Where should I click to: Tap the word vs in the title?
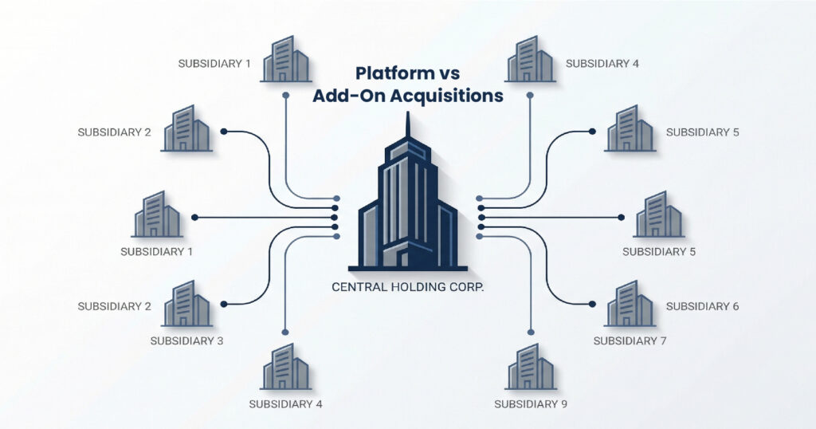(448, 73)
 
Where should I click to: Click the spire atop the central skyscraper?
(407, 128)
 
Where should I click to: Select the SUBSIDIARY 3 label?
(186, 340)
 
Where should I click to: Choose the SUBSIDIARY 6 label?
(702, 306)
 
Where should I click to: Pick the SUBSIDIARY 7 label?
(630, 340)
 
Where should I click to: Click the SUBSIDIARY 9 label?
(531, 403)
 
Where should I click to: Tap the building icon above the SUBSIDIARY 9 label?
(531, 367)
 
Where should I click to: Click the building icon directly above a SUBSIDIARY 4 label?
(284, 367)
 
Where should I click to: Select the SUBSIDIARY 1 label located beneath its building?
(157, 251)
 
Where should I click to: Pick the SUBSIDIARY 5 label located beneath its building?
(659, 251)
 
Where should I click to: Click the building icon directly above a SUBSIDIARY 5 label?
(659, 214)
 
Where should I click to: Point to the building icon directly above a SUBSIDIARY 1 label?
(158, 214)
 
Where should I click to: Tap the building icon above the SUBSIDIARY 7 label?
(630, 303)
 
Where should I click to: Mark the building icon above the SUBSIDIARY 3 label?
(186, 303)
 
